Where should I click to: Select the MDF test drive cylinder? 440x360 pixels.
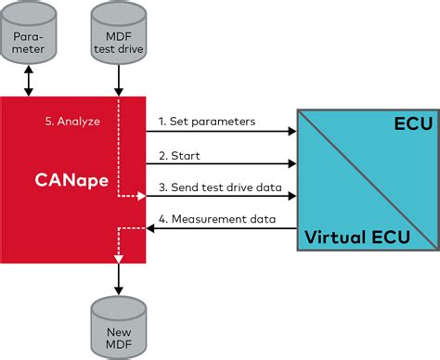coord(118,43)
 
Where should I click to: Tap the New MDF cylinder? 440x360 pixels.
coord(118,321)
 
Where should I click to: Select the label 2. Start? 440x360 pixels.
coord(179,155)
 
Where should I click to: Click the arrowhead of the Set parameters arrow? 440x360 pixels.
coord(291,132)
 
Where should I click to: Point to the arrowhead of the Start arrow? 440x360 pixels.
coord(291,164)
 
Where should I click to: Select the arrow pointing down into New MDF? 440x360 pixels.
coord(118,278)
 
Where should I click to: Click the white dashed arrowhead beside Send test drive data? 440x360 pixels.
coord(142,196)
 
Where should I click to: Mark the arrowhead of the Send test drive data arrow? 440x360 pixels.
coord(291,196)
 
